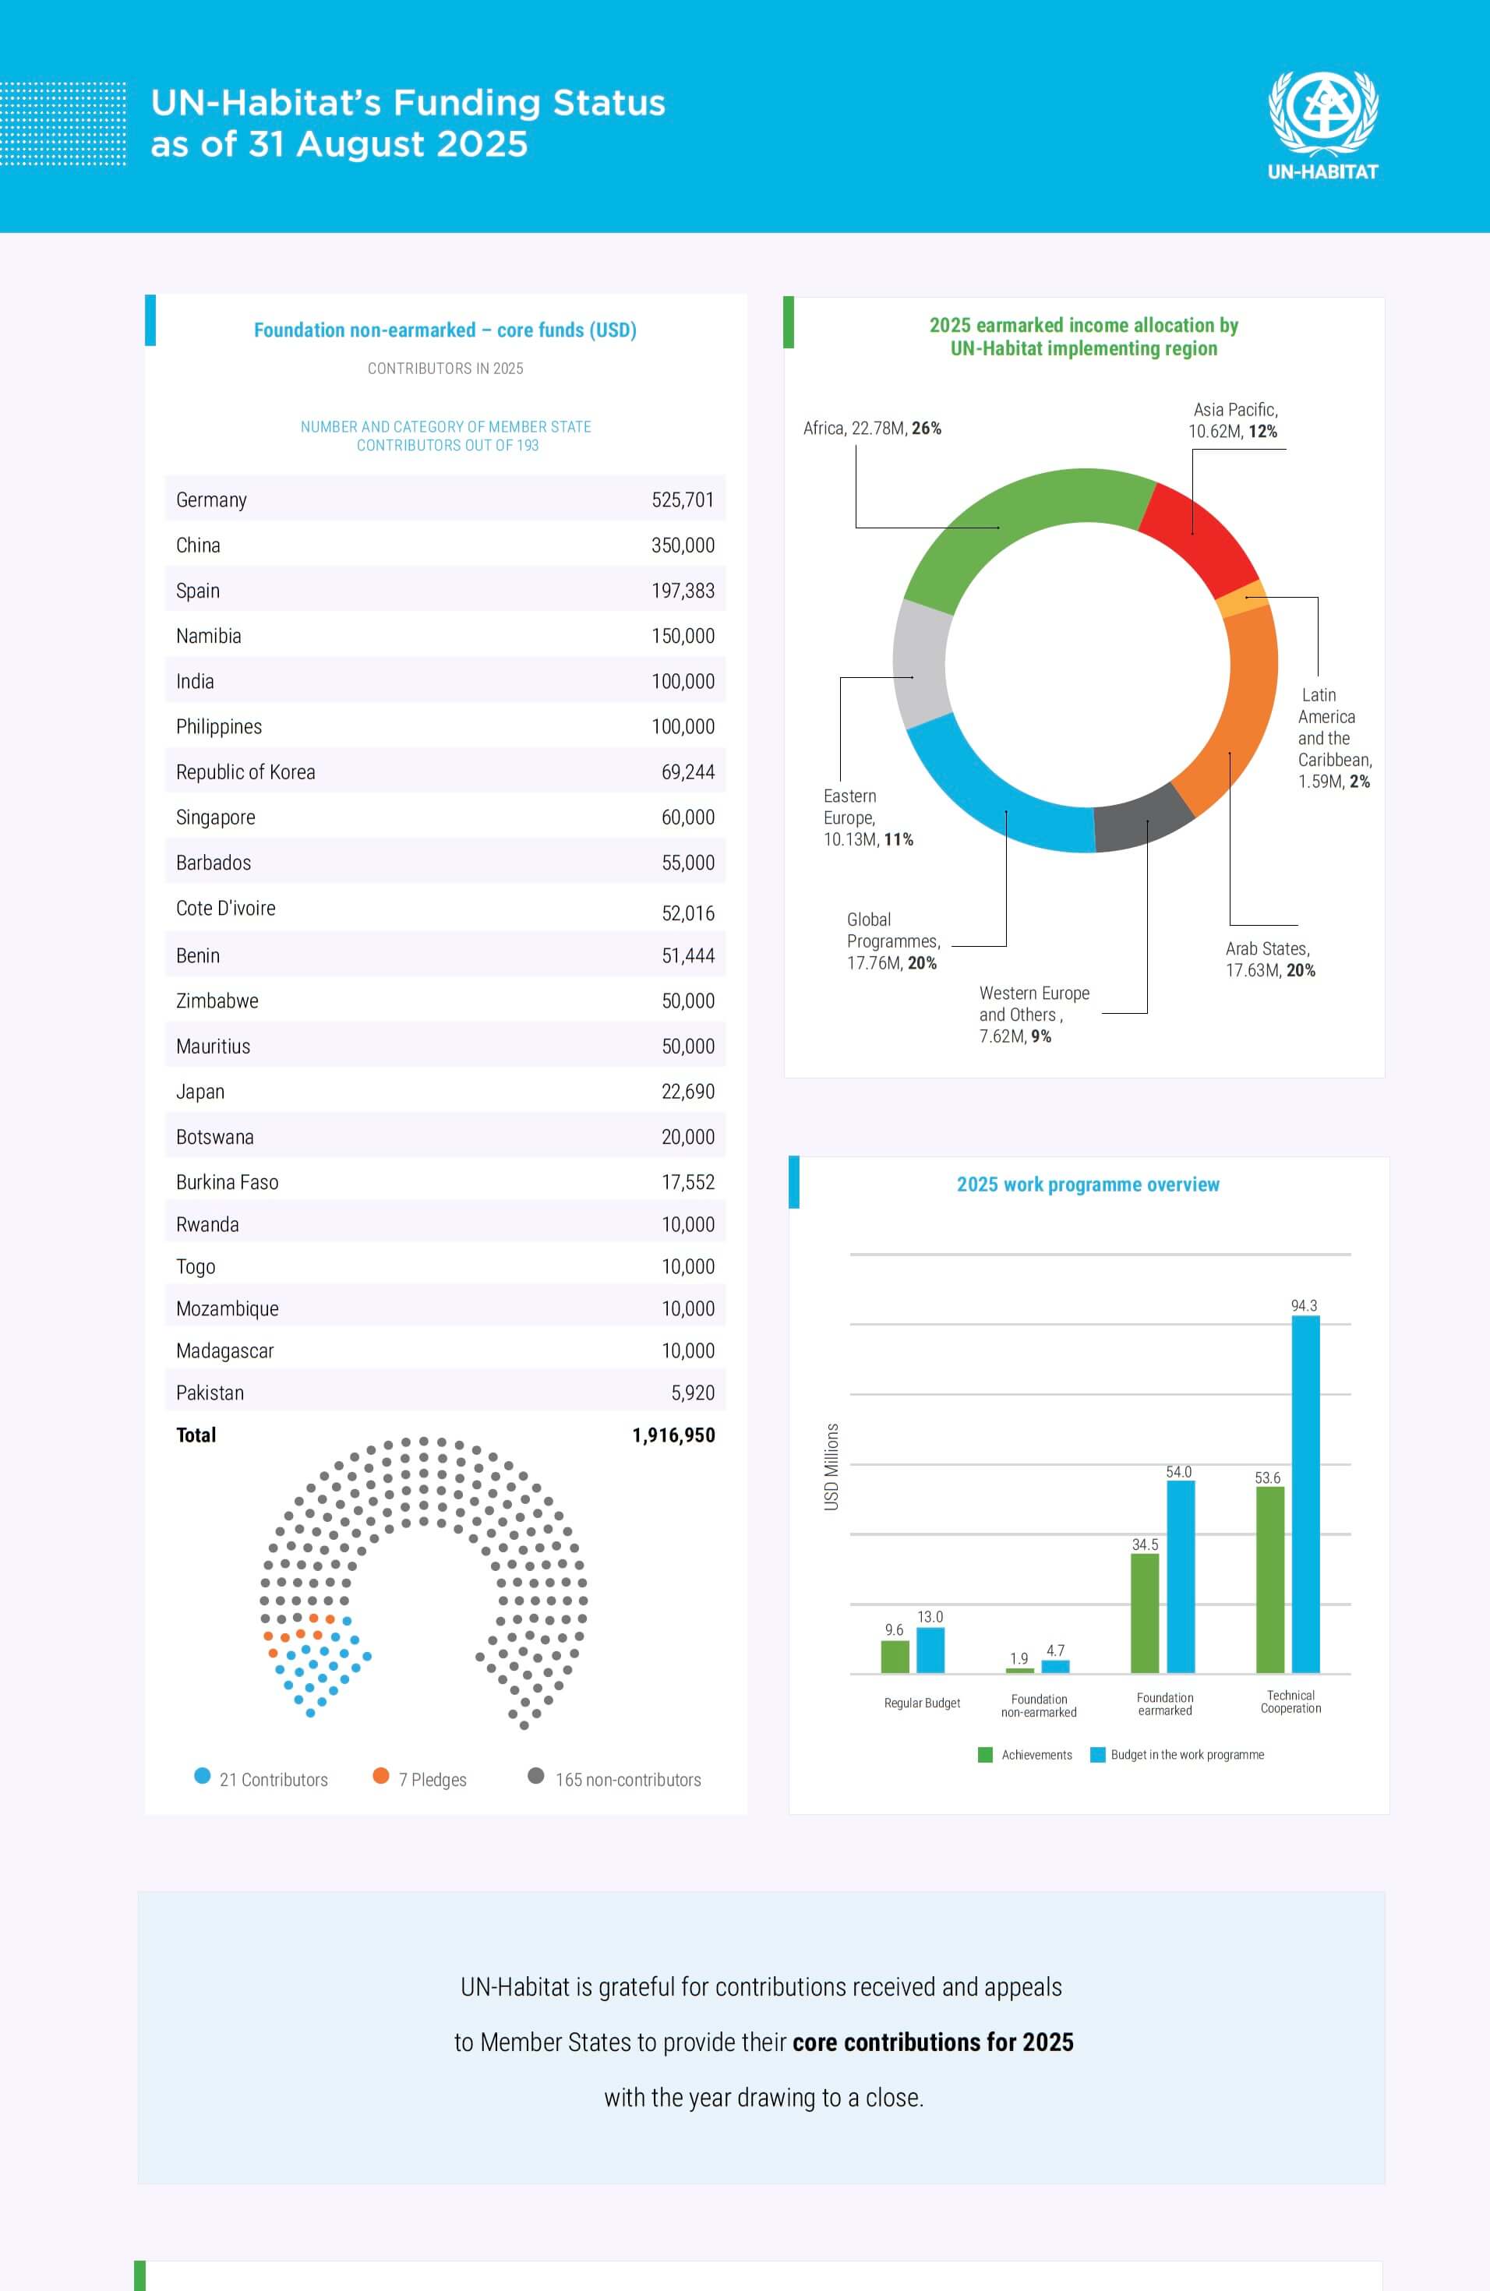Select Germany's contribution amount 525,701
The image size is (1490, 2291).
tap(683, 500)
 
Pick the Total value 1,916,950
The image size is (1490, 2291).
tap(673, 1435)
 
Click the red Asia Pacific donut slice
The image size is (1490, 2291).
tap(1199, 535)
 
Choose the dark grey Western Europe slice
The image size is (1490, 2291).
tap(1142, 819)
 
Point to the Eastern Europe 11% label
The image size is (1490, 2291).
tap(867, 818)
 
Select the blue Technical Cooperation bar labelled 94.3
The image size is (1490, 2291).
tap(1305, 1493)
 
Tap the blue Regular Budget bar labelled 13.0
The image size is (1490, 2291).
tap(930, 1650)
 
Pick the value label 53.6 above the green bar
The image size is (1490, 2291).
tap(1268, 1477)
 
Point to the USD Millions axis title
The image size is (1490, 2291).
tap(832, 1466)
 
